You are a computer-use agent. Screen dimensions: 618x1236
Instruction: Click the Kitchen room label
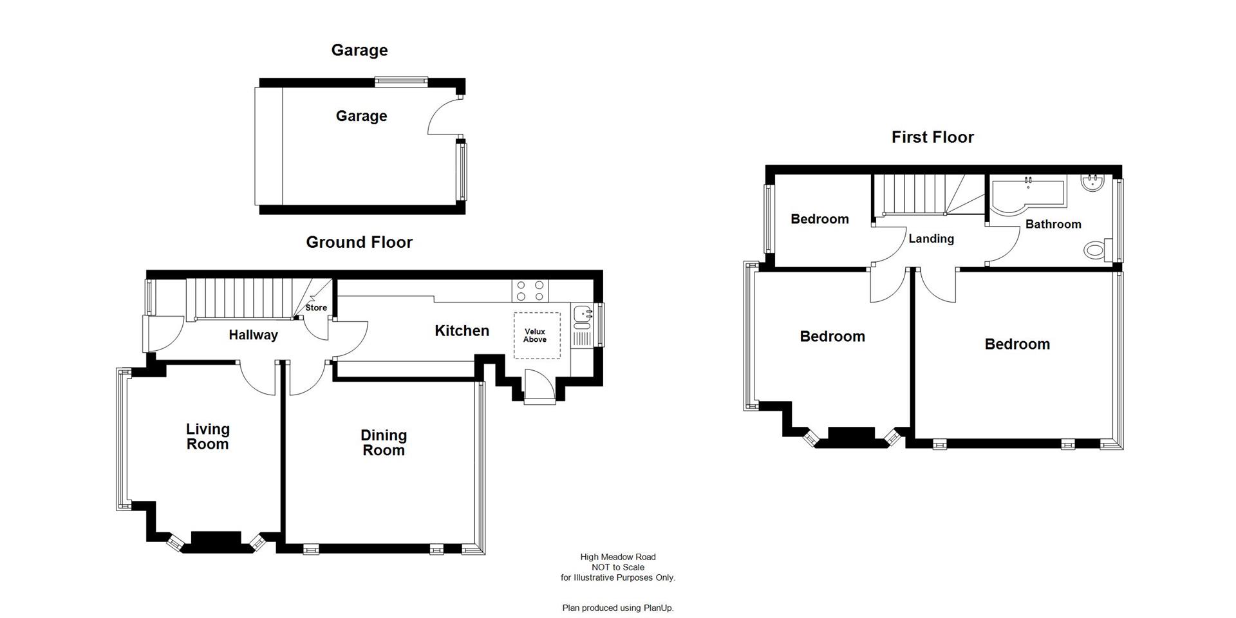point(462,331)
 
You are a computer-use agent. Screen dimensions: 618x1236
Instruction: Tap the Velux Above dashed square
point(536,335)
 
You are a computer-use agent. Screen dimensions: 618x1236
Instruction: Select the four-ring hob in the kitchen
point(530,290)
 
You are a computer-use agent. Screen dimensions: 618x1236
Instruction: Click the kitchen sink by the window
point(582,314)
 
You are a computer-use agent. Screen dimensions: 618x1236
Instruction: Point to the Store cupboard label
point(316,308)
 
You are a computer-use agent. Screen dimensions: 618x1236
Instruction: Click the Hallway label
point(253,335)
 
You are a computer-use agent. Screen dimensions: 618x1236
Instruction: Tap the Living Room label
point(207,436)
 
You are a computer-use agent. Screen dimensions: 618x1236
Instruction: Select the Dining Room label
point(383,443)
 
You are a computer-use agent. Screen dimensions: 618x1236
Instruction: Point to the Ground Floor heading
point(359,242)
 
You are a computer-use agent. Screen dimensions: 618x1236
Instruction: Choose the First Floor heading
point(932,137)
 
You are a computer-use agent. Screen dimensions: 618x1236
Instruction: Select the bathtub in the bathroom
point(1027,194)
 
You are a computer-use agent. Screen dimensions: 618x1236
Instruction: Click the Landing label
point(931,239)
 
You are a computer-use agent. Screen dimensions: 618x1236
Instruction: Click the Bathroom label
point(1053,224)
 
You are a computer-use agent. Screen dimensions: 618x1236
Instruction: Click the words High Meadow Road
point(617,557)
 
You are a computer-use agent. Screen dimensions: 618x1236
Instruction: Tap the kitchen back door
point(539,388)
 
